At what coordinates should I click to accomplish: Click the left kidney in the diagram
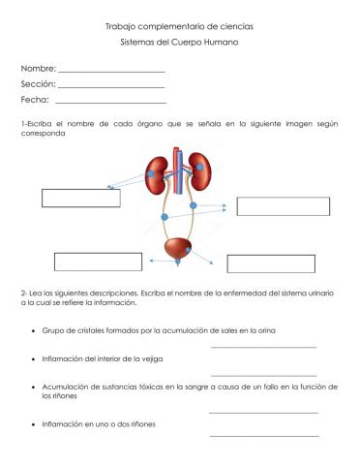[154, 171]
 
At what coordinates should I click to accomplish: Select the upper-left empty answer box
[80, 198]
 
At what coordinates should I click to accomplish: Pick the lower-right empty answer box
[271, 263]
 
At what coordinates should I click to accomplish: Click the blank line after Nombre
[111, 73]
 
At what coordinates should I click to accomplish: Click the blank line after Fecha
[111, 103]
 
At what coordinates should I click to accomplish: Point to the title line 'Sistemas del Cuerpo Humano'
[179, 44]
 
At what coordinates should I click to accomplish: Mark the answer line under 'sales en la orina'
[263, 347]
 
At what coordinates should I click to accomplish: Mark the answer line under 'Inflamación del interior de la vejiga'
[263, 374]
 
